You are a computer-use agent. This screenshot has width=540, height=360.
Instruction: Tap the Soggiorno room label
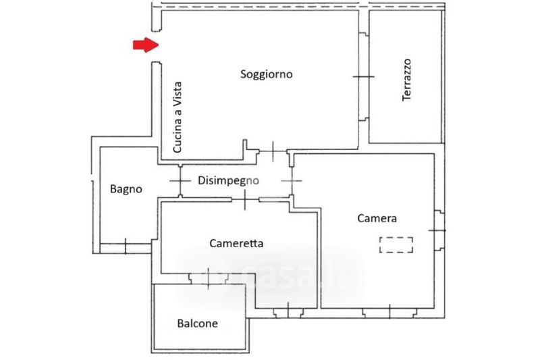coord(267,74)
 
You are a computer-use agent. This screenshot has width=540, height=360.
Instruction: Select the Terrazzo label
coord(407,80)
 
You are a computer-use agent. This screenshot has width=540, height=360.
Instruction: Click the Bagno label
coord(126,189)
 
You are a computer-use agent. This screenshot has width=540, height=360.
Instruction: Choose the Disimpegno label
coord(229,180)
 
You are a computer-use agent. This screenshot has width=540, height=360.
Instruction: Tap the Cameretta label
coord(236,243)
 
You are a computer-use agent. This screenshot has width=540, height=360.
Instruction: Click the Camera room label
coord(377,218)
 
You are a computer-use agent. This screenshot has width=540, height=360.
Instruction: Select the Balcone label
coord(198,324)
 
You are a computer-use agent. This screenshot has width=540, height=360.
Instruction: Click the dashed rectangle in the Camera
coord(397,244)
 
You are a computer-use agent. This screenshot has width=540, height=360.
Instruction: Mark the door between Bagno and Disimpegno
coord(180,181)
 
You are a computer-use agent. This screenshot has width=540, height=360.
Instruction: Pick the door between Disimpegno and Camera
coord(292,180)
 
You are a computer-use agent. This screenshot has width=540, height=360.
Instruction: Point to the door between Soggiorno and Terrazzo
coord(363,78)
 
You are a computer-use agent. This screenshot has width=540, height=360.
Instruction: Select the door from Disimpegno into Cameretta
coord(243,199)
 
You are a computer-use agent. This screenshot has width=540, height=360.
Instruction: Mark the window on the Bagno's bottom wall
coord(126,245)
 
